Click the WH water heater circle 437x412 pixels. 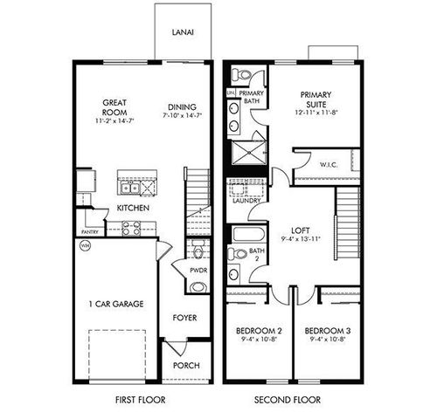coord(85,247)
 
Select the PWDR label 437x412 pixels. coord(198,272)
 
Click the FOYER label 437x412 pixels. coord(184,317)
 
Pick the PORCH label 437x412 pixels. coord(183,366)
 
